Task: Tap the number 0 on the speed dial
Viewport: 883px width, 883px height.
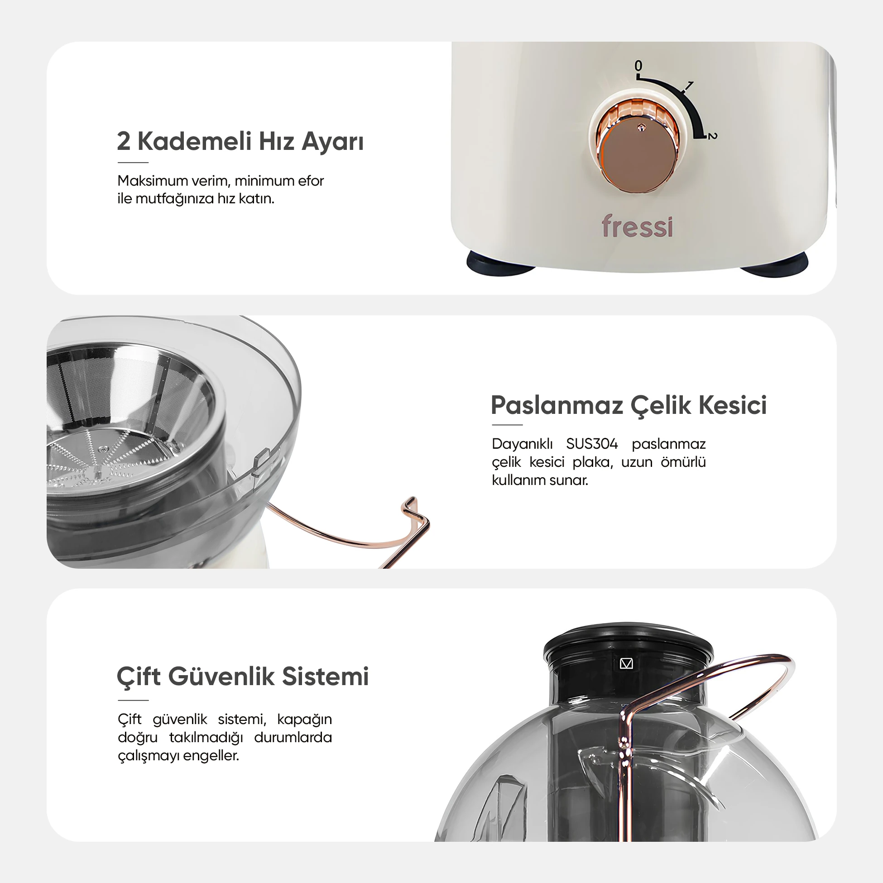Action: click(638, 66)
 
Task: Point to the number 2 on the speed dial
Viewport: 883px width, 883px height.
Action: click(713, 136)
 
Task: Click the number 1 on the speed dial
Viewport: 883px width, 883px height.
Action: click(689, 86)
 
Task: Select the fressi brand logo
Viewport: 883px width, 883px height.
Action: click(637, 226)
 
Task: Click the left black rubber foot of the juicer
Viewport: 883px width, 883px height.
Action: click(500, 264)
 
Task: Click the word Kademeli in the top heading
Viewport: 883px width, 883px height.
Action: click(195, 141)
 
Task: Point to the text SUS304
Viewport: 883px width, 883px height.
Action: click(592, 444)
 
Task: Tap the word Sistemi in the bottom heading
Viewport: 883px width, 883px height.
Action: click(325, 677)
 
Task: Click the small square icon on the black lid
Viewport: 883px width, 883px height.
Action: click(626, 664)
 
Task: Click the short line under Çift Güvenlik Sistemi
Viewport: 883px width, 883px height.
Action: click(133, 700)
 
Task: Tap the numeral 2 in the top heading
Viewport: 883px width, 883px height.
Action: click(124, 141)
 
